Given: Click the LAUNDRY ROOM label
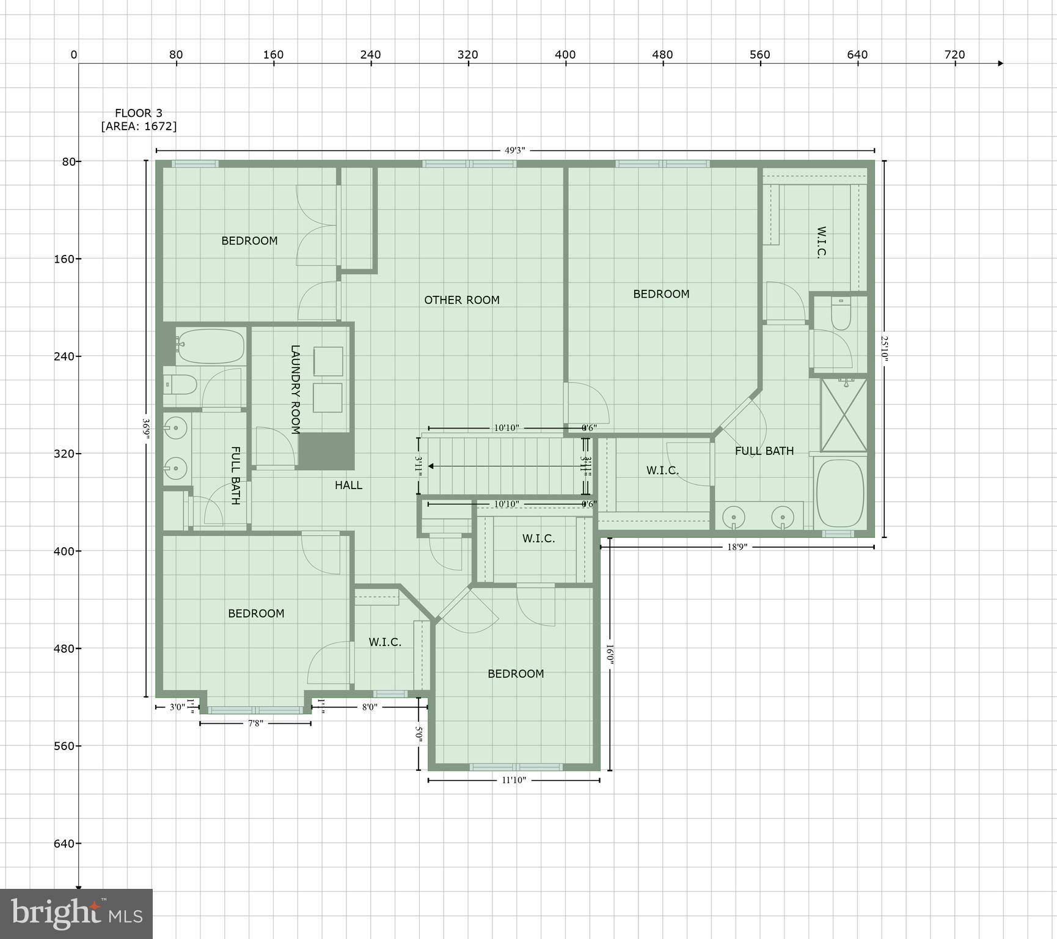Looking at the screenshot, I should tap(295, 389).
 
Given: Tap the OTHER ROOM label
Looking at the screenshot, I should tap(461, 300).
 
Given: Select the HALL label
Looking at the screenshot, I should tap(348, 485).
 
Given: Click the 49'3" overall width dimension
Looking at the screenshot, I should tap(514, 150).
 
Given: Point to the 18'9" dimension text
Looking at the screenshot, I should tap(737, 547).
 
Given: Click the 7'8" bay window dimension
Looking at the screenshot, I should tap(255, 724).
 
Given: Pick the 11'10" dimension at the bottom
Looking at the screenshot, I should tap(514, 780).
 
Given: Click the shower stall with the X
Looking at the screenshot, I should tap(843, 414).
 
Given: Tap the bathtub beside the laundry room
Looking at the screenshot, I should tap(210, 346).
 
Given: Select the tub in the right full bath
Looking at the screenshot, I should tap(840, 493).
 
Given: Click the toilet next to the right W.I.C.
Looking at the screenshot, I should tap(841, 314).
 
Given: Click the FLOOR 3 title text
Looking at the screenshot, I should tap(139, 113).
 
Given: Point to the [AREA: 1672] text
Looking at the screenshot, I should tap(139, 127).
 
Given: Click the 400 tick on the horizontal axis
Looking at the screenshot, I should tap(565, 55).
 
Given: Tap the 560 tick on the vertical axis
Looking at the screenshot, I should tap(64, 746).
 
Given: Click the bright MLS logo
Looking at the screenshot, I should tap(76, 913).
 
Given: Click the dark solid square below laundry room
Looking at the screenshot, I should tap(326, 451).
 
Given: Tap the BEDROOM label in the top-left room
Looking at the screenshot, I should tap(249, 241).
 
